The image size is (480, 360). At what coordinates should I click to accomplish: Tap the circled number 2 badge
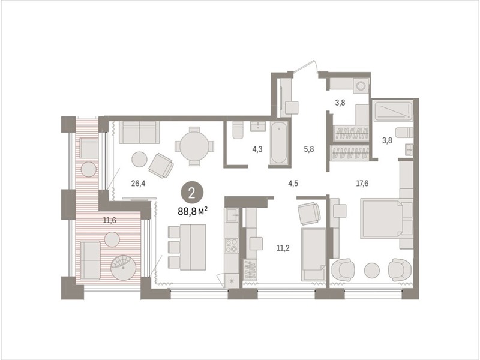192,193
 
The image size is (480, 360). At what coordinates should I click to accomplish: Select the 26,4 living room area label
138,184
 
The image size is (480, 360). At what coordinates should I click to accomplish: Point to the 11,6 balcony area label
109,220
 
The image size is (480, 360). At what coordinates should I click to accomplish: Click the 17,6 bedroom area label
362,184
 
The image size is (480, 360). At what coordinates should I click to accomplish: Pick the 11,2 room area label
283,248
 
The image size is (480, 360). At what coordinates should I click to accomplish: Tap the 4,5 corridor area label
293,184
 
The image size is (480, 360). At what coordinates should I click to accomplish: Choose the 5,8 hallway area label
308,149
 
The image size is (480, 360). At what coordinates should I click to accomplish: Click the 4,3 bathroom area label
257,149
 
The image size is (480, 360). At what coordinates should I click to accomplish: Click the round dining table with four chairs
194,146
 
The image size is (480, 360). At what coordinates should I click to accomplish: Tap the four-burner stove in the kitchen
232,245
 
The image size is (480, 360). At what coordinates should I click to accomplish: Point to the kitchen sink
232,215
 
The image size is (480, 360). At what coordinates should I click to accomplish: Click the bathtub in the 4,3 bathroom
279,142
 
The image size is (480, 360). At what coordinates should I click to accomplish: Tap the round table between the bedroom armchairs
372,271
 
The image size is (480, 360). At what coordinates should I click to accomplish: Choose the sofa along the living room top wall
140,133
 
